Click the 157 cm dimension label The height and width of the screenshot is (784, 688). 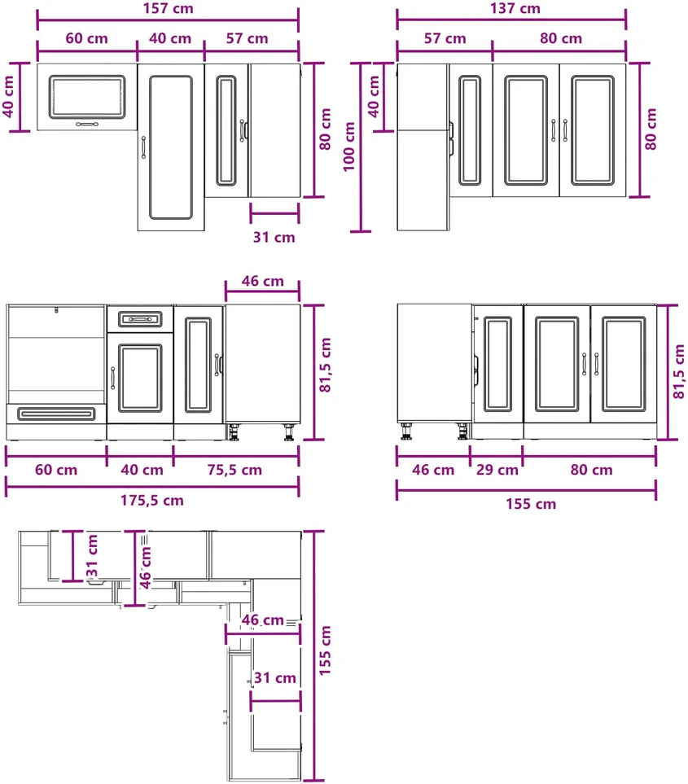168,8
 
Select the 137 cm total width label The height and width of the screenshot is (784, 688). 515,8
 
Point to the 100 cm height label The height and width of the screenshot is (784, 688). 349,147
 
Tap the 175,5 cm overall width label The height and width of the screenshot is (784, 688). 152,500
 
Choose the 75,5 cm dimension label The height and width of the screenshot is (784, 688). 234,470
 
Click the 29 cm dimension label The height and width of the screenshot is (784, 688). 497,470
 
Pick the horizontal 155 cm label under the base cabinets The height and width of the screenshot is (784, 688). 531,504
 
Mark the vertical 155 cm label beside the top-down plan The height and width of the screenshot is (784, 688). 325,650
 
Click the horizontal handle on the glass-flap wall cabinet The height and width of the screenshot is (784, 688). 87,124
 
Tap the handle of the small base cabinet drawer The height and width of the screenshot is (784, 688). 140,319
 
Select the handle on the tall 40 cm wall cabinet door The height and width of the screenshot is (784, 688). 143,147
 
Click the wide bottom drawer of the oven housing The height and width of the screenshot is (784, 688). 56,414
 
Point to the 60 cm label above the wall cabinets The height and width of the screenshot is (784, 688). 86,38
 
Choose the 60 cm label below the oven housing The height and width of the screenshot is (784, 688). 56,470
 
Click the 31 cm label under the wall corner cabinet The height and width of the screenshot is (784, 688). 274,237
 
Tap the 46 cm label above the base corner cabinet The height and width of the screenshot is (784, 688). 262,281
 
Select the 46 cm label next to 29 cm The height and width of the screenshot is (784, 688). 433,470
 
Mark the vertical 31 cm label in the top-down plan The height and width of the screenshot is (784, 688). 92,555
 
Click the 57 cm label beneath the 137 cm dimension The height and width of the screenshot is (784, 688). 445,38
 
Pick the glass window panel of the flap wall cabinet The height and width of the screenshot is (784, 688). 87,97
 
